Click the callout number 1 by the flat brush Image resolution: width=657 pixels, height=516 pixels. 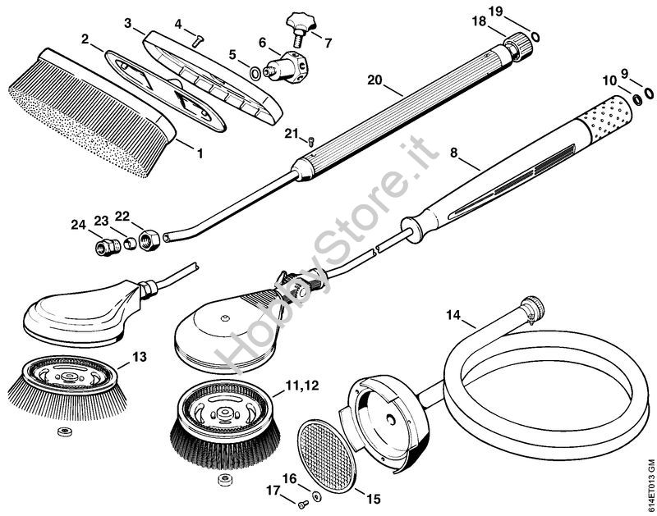(x=200, y=153)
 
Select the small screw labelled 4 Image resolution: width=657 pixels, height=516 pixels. (x=198, y=40)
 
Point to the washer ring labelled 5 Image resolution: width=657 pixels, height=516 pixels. (x=255, y=73)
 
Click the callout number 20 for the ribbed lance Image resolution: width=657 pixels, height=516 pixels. (x=374, y=80)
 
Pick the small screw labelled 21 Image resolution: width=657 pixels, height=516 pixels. (x=310, y=141)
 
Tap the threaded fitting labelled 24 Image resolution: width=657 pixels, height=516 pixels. (x=108, y=247)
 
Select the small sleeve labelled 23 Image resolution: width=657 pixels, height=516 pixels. (x=130, y=243)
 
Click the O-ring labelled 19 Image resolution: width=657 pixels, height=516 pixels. (x=535, y=36)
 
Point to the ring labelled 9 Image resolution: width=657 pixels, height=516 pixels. (x=648, y=94)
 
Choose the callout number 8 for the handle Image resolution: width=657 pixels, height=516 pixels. (x=454, y=153)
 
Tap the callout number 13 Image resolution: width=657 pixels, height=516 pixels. (x=140, y=357)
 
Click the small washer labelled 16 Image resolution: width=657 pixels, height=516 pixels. (x=316, y=484)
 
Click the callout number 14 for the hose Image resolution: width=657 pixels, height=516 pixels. (x=453, y=315)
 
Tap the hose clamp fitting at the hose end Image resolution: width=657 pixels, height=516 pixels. (x=532, y=308)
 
